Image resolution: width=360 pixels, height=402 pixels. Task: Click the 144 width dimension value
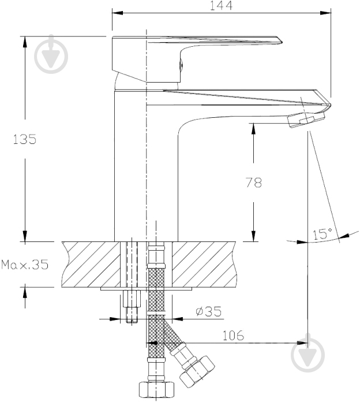221,6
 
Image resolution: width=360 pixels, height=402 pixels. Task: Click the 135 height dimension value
25,139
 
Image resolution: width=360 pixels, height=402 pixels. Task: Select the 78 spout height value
254,183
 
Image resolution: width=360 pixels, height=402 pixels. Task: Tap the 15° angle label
322,234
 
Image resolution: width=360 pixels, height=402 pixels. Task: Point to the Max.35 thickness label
25,265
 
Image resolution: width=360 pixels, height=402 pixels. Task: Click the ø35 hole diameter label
208,311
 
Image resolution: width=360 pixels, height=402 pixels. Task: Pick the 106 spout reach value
233,336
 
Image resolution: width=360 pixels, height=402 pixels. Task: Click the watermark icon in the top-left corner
51,54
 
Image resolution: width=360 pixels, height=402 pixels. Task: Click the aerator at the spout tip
306,120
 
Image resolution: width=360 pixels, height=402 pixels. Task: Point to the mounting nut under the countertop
132,299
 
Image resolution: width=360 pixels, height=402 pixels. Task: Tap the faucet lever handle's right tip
281,41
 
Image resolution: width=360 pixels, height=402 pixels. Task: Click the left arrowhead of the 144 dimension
118,13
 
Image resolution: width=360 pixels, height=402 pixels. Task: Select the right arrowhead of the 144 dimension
326,13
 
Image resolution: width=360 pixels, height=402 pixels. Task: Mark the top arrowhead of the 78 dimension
253,129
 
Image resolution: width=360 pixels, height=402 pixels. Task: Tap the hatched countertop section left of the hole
91,264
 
